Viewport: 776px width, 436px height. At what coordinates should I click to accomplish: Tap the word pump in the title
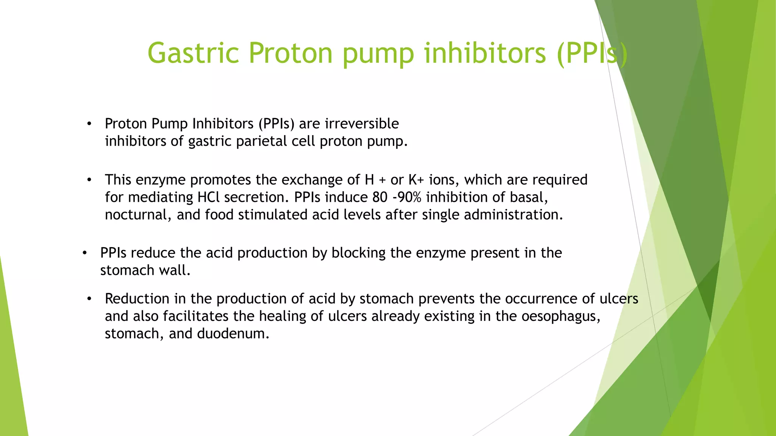pyautogui.click(x=378, y=53)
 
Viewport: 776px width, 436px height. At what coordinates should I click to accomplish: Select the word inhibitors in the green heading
pyautogui.click(x=485, y=53)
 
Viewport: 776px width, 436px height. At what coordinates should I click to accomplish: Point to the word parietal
pyautogui.click(x=261, y=141)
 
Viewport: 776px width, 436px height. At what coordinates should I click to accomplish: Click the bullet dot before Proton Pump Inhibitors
pyautogui.click(x=89, y=124)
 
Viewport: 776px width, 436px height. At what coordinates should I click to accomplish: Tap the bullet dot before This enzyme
pyautogui.click(x=89, y=180)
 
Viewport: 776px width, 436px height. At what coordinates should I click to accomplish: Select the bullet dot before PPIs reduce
pyautogui.click(x=84, y=253)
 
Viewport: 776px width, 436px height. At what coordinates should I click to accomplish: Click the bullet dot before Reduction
pyautogui.click(x=89, y=299)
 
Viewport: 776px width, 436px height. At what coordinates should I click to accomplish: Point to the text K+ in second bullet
pyautogui.click(x=416, y=180)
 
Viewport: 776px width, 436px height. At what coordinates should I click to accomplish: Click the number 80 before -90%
pyautogui.click(x=380, y=197)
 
